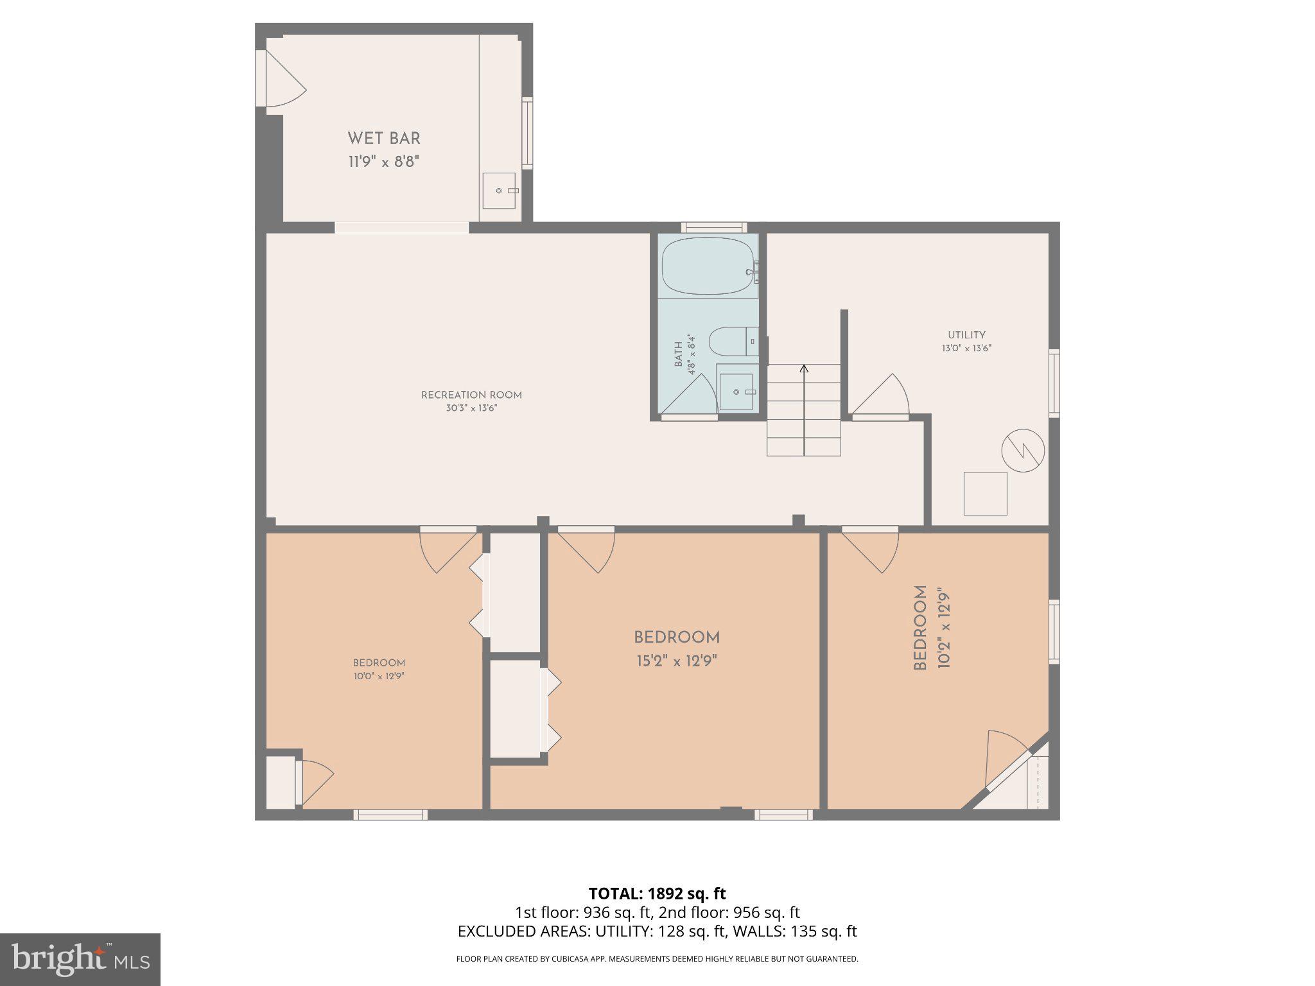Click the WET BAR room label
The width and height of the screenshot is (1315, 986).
point(384,138)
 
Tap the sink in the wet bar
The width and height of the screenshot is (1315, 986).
point(499,191)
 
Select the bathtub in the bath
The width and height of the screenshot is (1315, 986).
point(708,266)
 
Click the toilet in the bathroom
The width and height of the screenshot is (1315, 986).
point(732,342)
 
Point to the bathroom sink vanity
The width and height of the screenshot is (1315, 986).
point(736,392)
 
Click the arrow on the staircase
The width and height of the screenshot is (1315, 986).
point(804,369)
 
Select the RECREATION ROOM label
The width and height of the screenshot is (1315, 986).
point(471,395)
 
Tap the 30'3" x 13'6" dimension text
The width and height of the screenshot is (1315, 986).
point(471,408)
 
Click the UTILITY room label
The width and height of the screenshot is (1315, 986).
point(966,335)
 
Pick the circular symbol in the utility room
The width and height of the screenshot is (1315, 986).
point(1023,451)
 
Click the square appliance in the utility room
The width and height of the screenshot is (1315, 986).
point(985,493)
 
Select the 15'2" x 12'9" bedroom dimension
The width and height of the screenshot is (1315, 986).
point(676,661)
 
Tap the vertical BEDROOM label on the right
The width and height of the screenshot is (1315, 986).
point(920,627)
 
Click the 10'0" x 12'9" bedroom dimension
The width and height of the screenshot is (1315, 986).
point(378,676)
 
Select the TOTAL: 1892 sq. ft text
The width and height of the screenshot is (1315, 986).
point(657,893)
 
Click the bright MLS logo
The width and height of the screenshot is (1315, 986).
point(80,959)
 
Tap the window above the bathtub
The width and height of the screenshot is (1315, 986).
point(713,227)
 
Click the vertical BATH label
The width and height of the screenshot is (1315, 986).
point(679,354)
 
